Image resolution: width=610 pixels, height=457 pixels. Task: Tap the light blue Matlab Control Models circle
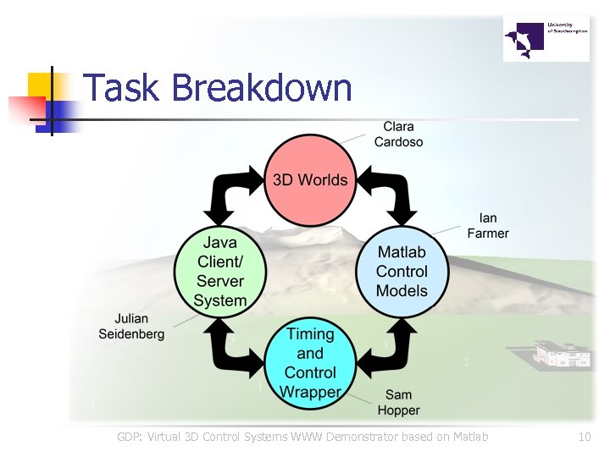(x=402, y=271)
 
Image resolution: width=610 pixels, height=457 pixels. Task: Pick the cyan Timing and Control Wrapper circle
(x=310, y=362)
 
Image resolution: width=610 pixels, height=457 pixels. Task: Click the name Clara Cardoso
(x=398, y=134)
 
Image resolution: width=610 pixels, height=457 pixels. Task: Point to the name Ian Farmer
(x=488, y=225)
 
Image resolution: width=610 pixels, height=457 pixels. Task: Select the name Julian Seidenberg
(x=131, y=327)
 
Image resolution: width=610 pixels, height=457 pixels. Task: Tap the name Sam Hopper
(x=398, y=402)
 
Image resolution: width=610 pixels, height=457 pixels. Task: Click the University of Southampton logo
(x=546, y=38)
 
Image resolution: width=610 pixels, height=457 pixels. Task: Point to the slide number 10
(x=584, y=438)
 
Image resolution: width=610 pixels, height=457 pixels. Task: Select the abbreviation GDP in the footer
(x=130, y=438)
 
